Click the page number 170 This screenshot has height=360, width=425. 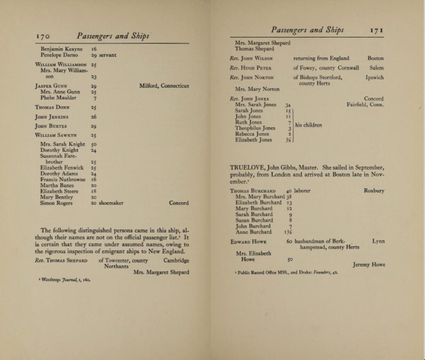coord(42,36)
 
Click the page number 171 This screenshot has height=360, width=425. coord(377,31)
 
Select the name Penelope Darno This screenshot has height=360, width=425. coord(59,55)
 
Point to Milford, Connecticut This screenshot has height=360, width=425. coord(164,86)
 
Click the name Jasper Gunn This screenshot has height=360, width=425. coord(51,86)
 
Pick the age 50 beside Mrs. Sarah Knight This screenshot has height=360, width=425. coord(94,144)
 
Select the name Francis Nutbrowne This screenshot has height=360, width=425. coord(63,180)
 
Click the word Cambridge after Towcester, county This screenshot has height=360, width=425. coord(176,261)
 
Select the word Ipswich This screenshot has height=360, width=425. coord(375,78)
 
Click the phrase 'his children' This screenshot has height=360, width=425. coord(309,126)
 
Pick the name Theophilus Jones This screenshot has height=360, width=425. coord(255,128)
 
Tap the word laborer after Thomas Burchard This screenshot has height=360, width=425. coord(302,190)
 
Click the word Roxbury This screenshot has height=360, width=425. coord(374,190)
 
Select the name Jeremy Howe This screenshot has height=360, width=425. coord(369,265)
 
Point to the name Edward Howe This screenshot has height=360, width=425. coord(248,242)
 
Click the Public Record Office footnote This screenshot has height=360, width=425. coord(286,273)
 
